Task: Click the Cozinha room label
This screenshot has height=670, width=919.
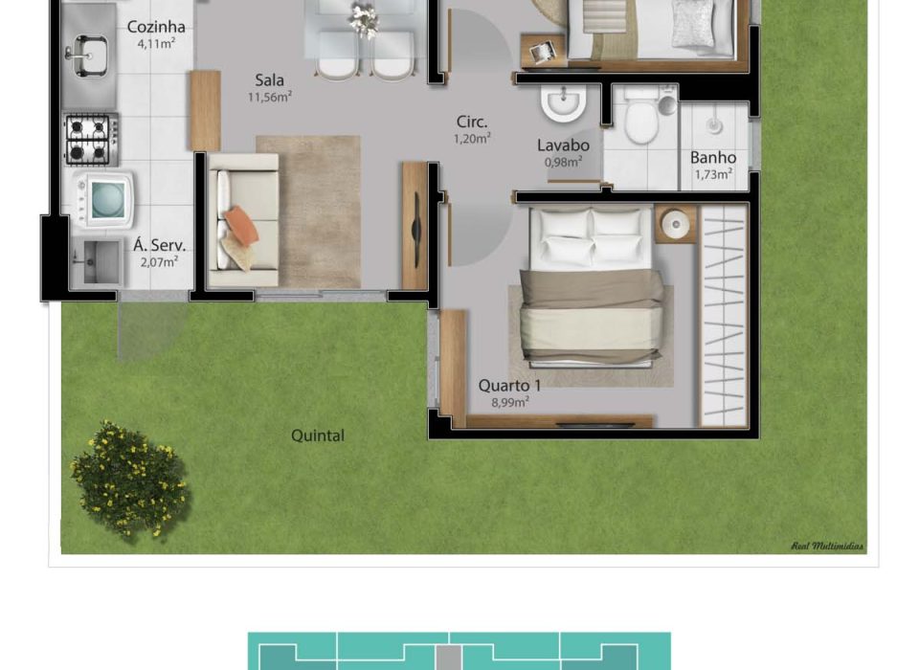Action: [x=156, y=27]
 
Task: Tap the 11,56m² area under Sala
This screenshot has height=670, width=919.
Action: [x=270, y=97]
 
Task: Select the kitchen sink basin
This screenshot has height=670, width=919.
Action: [x=88, y=55]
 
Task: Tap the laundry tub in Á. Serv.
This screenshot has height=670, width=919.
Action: [x=99, y=262]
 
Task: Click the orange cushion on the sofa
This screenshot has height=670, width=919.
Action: [x=241, y=226]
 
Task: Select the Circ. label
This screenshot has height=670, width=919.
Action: [x=472, y=122]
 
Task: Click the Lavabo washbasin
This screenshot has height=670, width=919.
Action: [x=564, y=103]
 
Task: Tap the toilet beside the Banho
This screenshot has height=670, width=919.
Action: [x=641, y=117]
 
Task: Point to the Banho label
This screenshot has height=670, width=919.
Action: [x=712, y=158]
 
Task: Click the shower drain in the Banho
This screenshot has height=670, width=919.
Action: [x=713, y=124]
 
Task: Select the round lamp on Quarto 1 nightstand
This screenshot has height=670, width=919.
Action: [x=676, y=223]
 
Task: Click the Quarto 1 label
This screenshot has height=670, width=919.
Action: [x=509, y=385]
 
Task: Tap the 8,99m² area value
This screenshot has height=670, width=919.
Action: [x=510, y=402]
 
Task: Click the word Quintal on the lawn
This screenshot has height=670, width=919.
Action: [x=318, y=435]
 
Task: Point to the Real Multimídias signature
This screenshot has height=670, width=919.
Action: [x=827, y=547]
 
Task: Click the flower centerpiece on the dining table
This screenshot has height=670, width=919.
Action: [x=364, y=19]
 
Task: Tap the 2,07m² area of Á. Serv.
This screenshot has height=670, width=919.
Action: [x=159, y=262]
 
